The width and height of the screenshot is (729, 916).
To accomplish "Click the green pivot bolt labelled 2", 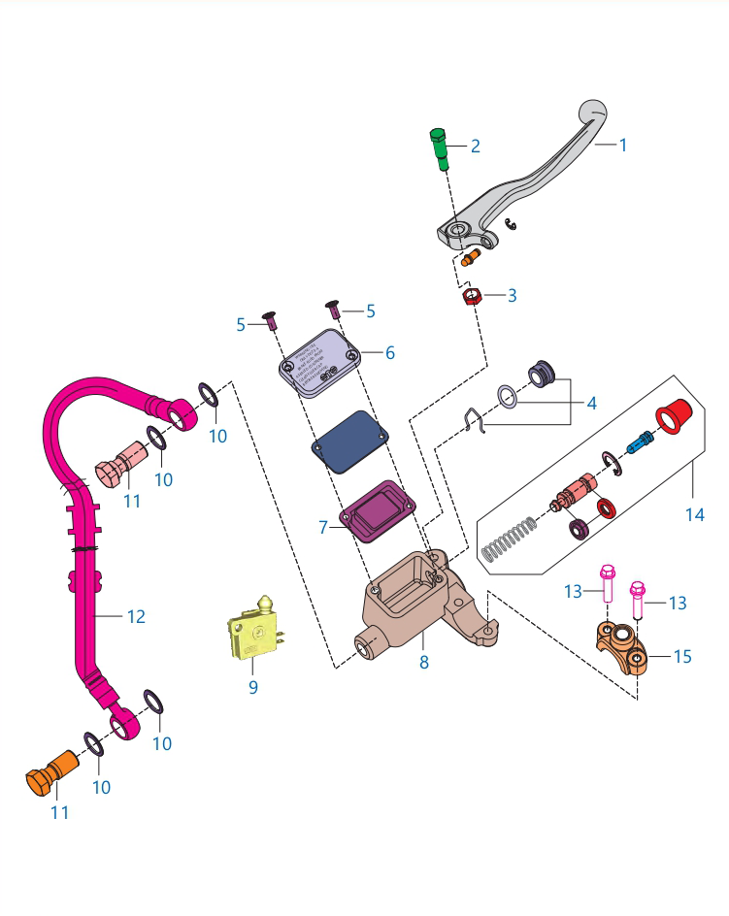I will pyautogui.click(x=438, y=149).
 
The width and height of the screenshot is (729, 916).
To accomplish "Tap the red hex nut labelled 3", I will pyautogui.click(x=471, y=296).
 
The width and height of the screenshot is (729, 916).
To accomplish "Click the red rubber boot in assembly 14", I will pyautogui.click(x=672, y=413).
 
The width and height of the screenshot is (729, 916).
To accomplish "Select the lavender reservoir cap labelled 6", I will pyautogui.click(x=319, y=364).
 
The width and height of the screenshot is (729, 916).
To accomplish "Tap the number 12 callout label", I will pyautogui.click(x=136, y=616).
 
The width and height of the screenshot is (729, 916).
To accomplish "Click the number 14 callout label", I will pyautogui.click(x=694, y=515).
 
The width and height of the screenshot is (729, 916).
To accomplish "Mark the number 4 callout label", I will pyautogui.click(x=590, y=403).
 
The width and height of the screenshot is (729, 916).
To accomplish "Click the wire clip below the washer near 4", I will pyautogui.click(x=474, y=421).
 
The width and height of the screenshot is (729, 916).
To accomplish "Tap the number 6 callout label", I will pyautogui.click(x=389, y=353).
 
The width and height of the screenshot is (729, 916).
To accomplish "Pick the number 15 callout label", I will pyautogui.click(x=682, y=657).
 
